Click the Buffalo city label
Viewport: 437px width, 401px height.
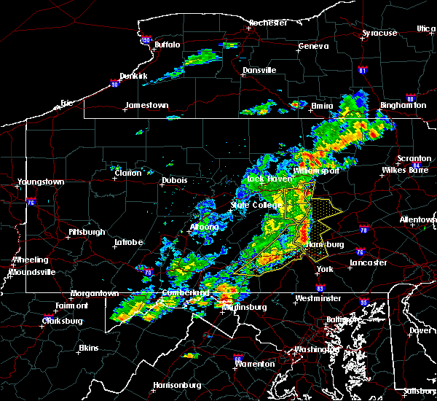pyautogui.click(x=167, y=45)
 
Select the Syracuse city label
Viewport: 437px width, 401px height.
pyautogui.click(x=380, y=34)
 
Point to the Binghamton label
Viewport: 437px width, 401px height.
pyautogui.click(x=403, y=106)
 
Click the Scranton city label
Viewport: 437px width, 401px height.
pyautogui.click(x=414, y=159)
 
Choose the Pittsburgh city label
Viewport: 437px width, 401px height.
pyautogui.click(x=84, y=233)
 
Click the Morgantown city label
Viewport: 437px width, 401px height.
pyautogui.click(x=94, y=294)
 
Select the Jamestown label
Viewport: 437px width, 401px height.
pyautogui.click(x=146, y=105)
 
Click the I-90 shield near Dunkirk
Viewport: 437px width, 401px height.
pyautogui.click(x=114, y=84)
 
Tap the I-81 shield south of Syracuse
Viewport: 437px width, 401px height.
pyautogui.click(x=363, y=71)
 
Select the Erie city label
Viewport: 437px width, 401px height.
pyautogui.click(x=67, y=103)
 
